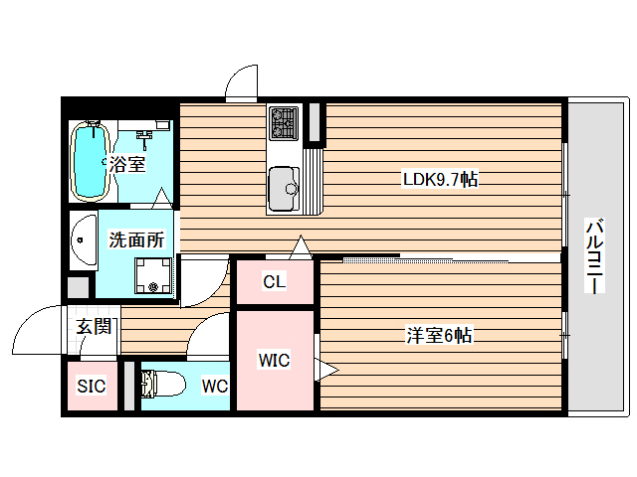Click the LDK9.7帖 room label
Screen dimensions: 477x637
(439, 180)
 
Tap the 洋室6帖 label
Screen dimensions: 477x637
(437, 336)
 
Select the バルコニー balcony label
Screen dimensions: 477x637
(594, 255)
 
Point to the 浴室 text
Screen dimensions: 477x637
(127, 164)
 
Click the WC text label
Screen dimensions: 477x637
(215, 386)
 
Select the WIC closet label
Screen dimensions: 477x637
(274, 360)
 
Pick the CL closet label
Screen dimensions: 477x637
(274, 282)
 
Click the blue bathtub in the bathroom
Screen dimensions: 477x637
(92, 160)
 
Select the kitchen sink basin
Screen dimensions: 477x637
(285, 185)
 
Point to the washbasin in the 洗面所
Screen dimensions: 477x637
(83, 239)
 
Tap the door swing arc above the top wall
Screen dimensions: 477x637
(242, 84)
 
